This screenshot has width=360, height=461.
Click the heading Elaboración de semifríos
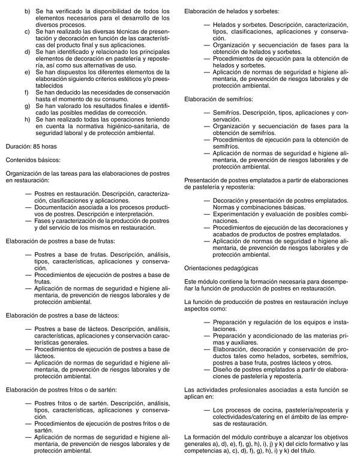(x=218, y=98)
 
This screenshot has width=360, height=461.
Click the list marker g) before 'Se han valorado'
(x=27, y=106)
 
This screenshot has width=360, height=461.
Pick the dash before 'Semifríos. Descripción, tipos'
(x=208, y=112)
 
